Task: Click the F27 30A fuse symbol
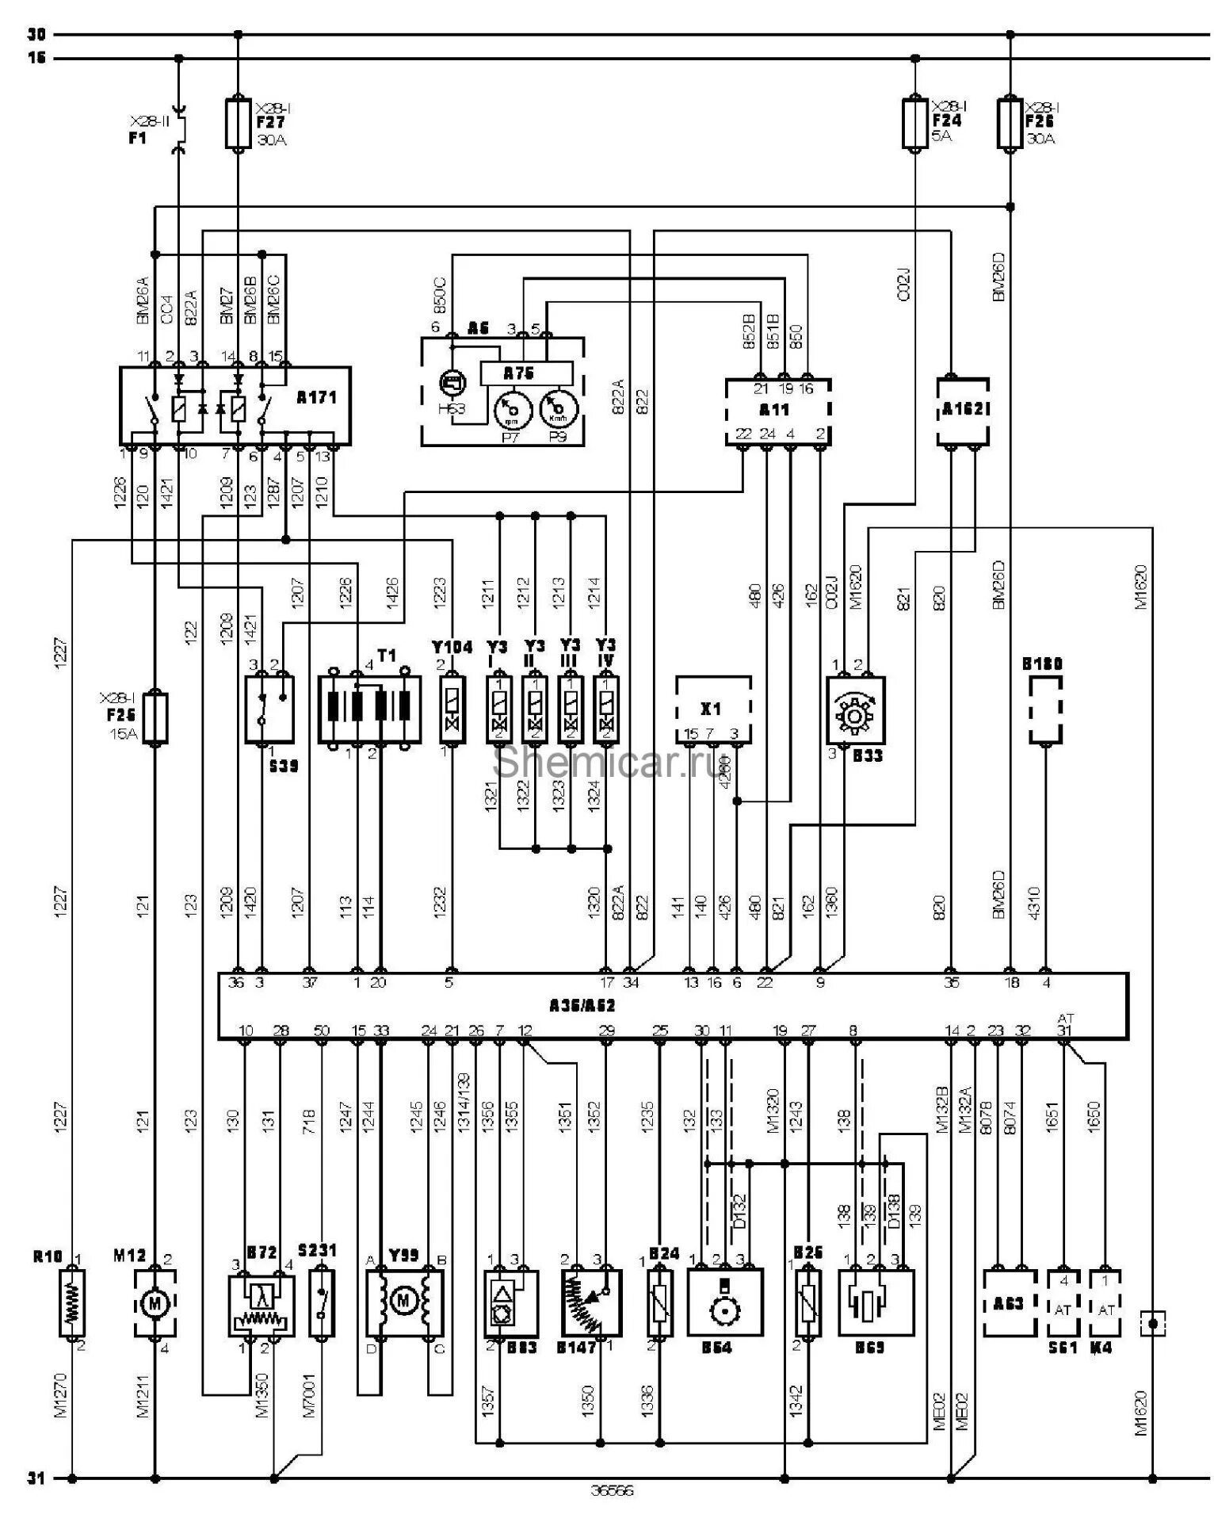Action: (239, 123)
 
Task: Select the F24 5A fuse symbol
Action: (915, 123)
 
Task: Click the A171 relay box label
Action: (316, 398)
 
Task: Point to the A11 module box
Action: (777, 411)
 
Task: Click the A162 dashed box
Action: (962, 411)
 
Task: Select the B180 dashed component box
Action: (1045, 709)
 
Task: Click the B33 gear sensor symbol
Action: (855, 709)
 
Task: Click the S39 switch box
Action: (269, 709)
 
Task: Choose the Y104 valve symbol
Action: (452, 709)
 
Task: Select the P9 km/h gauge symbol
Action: (558, 410)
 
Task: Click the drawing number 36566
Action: (612, 1490)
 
